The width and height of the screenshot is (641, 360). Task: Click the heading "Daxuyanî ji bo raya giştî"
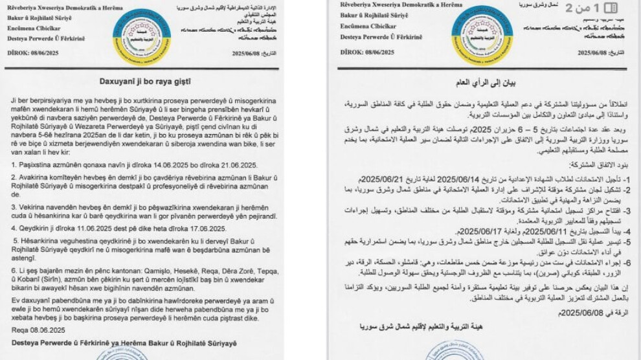click(144, 82)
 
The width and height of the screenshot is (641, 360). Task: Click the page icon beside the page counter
click(609, 8)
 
